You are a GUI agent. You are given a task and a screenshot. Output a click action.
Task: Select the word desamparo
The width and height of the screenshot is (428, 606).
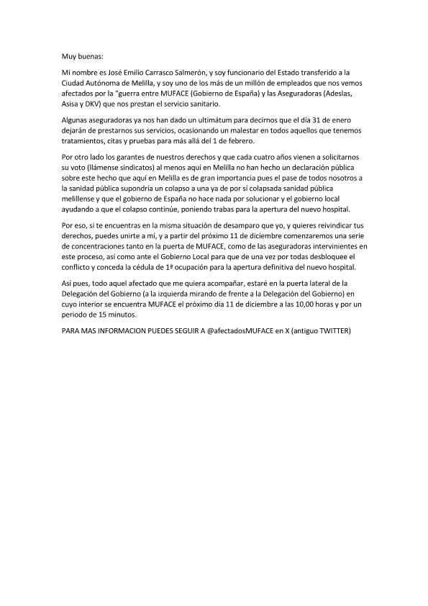tap(224, 225)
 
